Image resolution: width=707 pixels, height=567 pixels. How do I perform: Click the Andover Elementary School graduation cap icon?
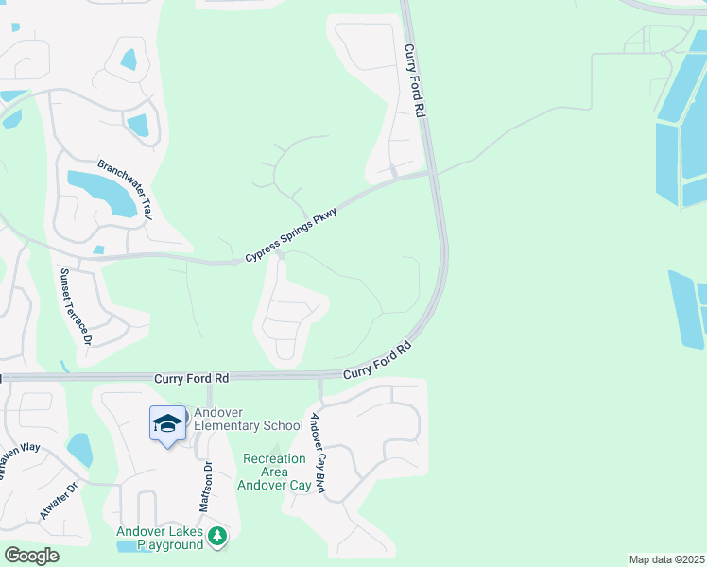pos(167,422)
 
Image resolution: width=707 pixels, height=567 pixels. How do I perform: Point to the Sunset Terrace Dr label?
pos(77,305)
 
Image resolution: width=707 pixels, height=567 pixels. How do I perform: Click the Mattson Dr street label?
pos(205,486)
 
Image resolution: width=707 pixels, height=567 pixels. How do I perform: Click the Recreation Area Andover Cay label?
pos(275,472)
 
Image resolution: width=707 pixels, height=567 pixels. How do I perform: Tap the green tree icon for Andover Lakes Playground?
pos(218,537)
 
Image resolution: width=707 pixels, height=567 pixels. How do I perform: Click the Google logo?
pos(31,555)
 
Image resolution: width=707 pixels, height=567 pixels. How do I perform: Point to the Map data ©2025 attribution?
pos(666,559)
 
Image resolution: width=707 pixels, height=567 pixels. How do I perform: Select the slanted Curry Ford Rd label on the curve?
pos(378,361)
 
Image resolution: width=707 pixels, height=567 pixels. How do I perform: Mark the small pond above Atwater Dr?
pos(79,449)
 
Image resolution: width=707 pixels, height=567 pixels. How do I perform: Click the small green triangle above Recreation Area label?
pos(275,450)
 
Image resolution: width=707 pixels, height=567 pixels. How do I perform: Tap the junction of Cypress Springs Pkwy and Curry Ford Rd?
pos(432,173)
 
